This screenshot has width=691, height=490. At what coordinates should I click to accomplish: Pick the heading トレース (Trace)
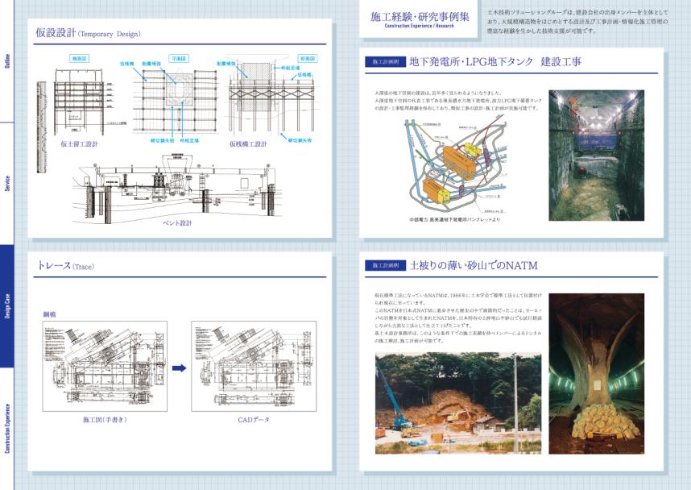coord(66,266)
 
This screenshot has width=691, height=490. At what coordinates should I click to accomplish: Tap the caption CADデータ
coord(253,420)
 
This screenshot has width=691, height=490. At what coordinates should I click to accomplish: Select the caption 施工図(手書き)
coord(105,420)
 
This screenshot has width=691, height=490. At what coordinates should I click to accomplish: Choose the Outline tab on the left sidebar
coord(7,61)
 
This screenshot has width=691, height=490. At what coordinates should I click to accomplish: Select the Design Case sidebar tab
coord(7,306)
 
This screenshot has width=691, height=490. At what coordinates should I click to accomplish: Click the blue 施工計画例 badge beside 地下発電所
coord(384,61)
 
